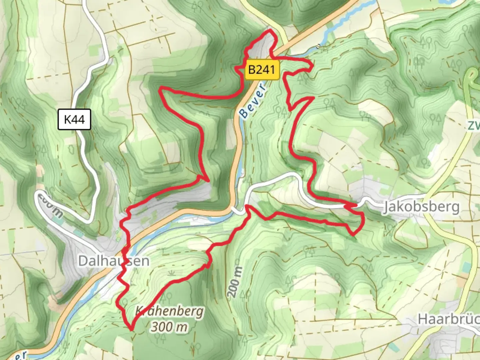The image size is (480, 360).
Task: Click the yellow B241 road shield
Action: click(x=262, y=70)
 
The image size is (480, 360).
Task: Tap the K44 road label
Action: click(x=74, y=119)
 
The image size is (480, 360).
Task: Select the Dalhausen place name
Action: click(x=113, y=261)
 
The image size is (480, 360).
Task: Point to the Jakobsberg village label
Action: click(x=421, y=207)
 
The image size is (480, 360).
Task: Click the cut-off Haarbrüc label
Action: click(x=448, y=319)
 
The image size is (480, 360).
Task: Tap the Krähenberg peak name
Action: click(x=169, y=311)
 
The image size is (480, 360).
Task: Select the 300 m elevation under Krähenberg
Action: click(x=169, y=327)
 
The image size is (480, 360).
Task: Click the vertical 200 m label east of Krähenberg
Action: click(x=235, y=282)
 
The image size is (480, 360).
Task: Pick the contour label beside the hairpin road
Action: click(x=50, y=205)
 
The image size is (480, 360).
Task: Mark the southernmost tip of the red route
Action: click(x=132, y=330)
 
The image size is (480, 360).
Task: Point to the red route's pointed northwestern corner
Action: click(x=160, y=89)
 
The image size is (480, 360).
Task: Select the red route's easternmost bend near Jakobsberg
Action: click(x=363, y=221)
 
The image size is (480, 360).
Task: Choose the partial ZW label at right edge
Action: click(x=473, y=126)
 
